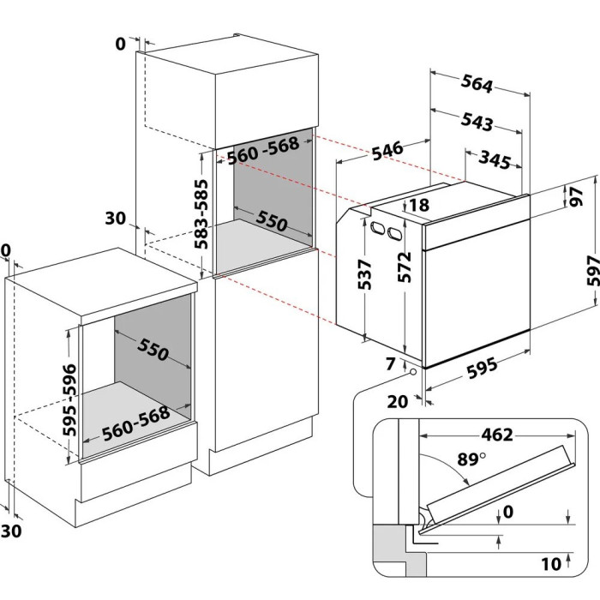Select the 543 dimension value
point(476,123)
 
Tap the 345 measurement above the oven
point(495,160)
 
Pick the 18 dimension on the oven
point(419,205)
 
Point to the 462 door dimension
point(490,435)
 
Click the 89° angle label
point(468,459)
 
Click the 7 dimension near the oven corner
point(392,364)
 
